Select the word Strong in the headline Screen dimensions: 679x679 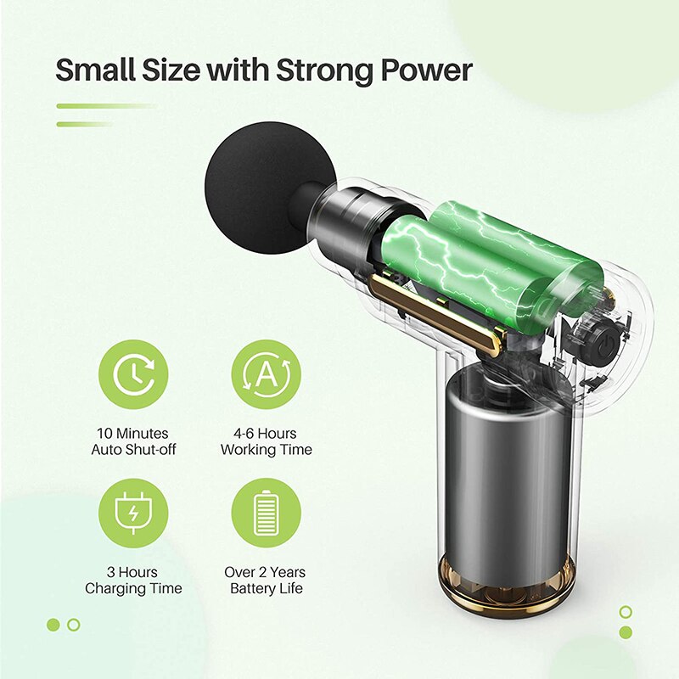pyautogui.click(x=326, y=72)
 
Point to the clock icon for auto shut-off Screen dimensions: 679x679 pyautogui.click(x=133, y=374)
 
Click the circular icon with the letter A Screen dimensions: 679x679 pyautogui.click(x=266, y=374)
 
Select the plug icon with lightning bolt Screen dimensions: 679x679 pyautogui.click(x=133, y=513)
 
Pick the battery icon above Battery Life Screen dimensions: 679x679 pyautogui.click(x=266, y=513)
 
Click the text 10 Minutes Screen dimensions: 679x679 pyautogui.click(x=132, y=434)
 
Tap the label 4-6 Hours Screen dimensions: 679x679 pyautogui.click(x=265, y=434)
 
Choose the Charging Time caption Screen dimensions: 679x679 pyautogui.click(x=133, y=588)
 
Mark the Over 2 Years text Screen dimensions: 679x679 pyautogui.click(x=265, y=572)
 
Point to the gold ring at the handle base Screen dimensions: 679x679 pyautogui.click(x=506, y=589)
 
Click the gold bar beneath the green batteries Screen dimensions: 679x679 pyautogui.click(x=435, y=315)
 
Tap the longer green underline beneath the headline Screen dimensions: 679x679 pyautogui.click(x=107, y=105)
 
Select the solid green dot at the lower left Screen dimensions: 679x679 pyautogui.click(x=53, y=625)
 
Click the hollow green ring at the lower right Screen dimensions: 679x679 pyautogui.click(x=626, y=612)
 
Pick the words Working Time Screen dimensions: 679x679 pyautogui.click(x=266, y=450)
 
